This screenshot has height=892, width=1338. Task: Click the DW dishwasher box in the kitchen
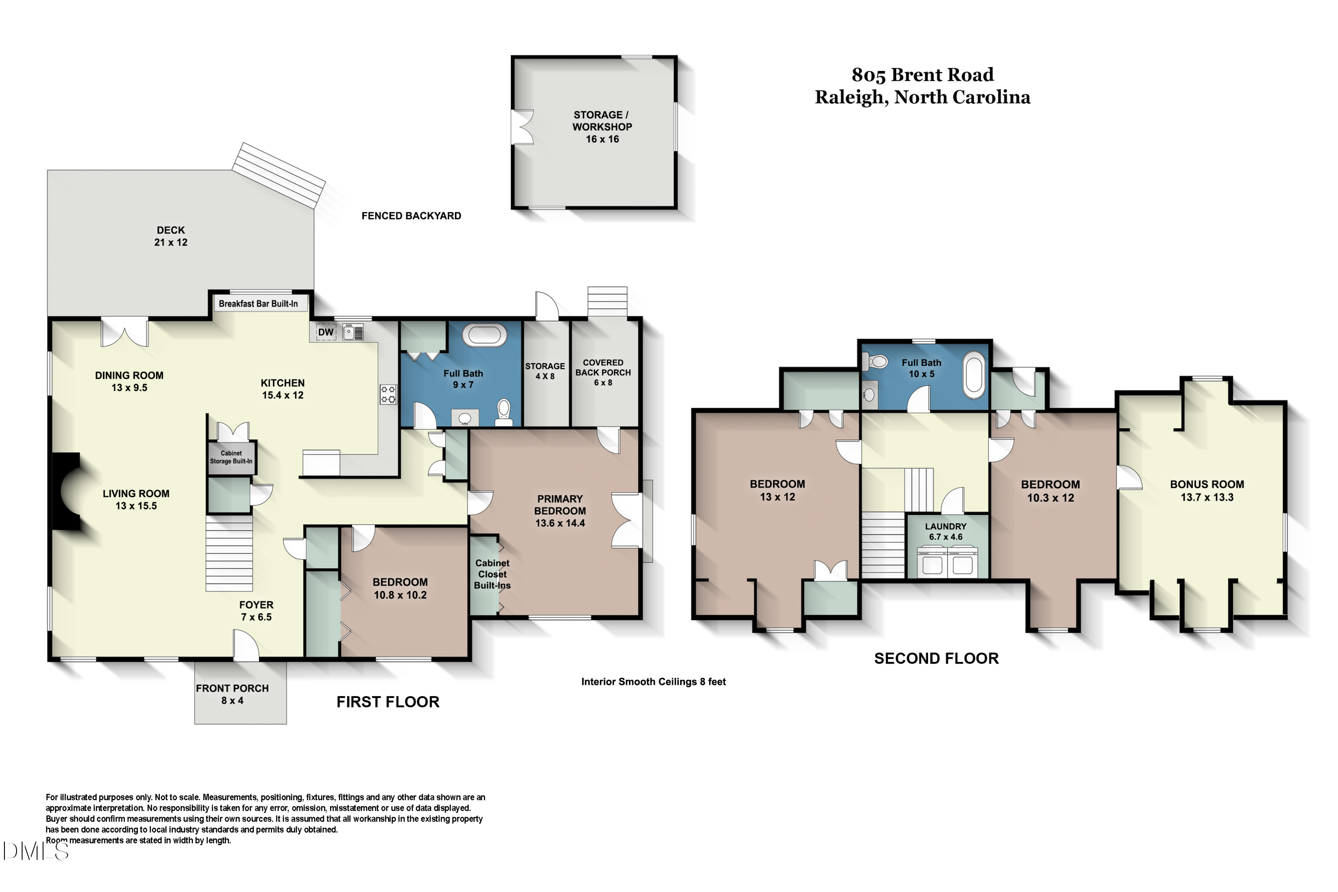[x=326, y=332]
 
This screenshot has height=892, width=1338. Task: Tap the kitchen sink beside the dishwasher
[x=353, y=332]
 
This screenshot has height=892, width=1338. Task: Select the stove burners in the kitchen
[x=388, y=394]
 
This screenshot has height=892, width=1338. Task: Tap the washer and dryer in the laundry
[x=947, y=562]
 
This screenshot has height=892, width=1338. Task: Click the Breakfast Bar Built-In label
[x=258, y=304]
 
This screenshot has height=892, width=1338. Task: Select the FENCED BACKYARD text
[x=411, y=215]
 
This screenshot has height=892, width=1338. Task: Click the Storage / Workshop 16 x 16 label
[x=602, y=127]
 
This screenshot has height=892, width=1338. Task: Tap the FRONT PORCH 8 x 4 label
[x=232, y=694]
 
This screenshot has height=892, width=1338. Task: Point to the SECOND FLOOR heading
[x=936, y=658]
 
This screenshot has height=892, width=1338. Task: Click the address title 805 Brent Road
[x=922, y=74]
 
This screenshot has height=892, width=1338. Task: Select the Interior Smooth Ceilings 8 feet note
[x=653, y=681]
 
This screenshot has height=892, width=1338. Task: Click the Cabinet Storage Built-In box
[x=231, y=458]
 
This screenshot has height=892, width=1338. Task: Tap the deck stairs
[x=279, y=175]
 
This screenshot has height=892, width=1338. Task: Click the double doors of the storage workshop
[x=522, y=127]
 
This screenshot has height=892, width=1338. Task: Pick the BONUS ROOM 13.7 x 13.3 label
[x=1206, y=490]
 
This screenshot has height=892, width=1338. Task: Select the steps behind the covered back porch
[x=607, y=301]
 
